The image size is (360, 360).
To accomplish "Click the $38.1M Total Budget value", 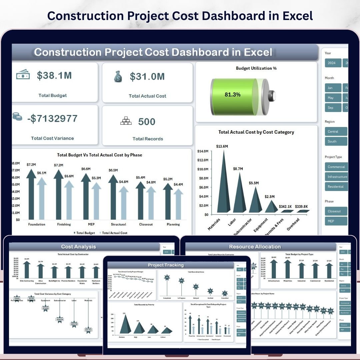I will (x=54, y=76).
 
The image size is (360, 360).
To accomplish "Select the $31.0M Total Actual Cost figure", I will (x=147, y=77).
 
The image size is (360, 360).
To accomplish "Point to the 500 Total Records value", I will (x=147, y=122).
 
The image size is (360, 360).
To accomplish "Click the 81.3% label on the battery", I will (x=232, y=95).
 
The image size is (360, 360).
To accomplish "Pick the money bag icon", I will (x=118, y=77).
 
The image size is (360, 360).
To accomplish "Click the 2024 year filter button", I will (x=332, y=63).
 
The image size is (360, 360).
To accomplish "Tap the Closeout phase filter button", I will (x=335, y=211).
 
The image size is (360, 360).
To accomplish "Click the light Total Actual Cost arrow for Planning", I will (x=178, y=205).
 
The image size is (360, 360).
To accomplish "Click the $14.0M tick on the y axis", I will (x=203, y=151).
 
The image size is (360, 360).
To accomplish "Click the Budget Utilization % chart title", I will (x=256, y=68).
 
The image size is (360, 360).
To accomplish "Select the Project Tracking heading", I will (x=166, y=265).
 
